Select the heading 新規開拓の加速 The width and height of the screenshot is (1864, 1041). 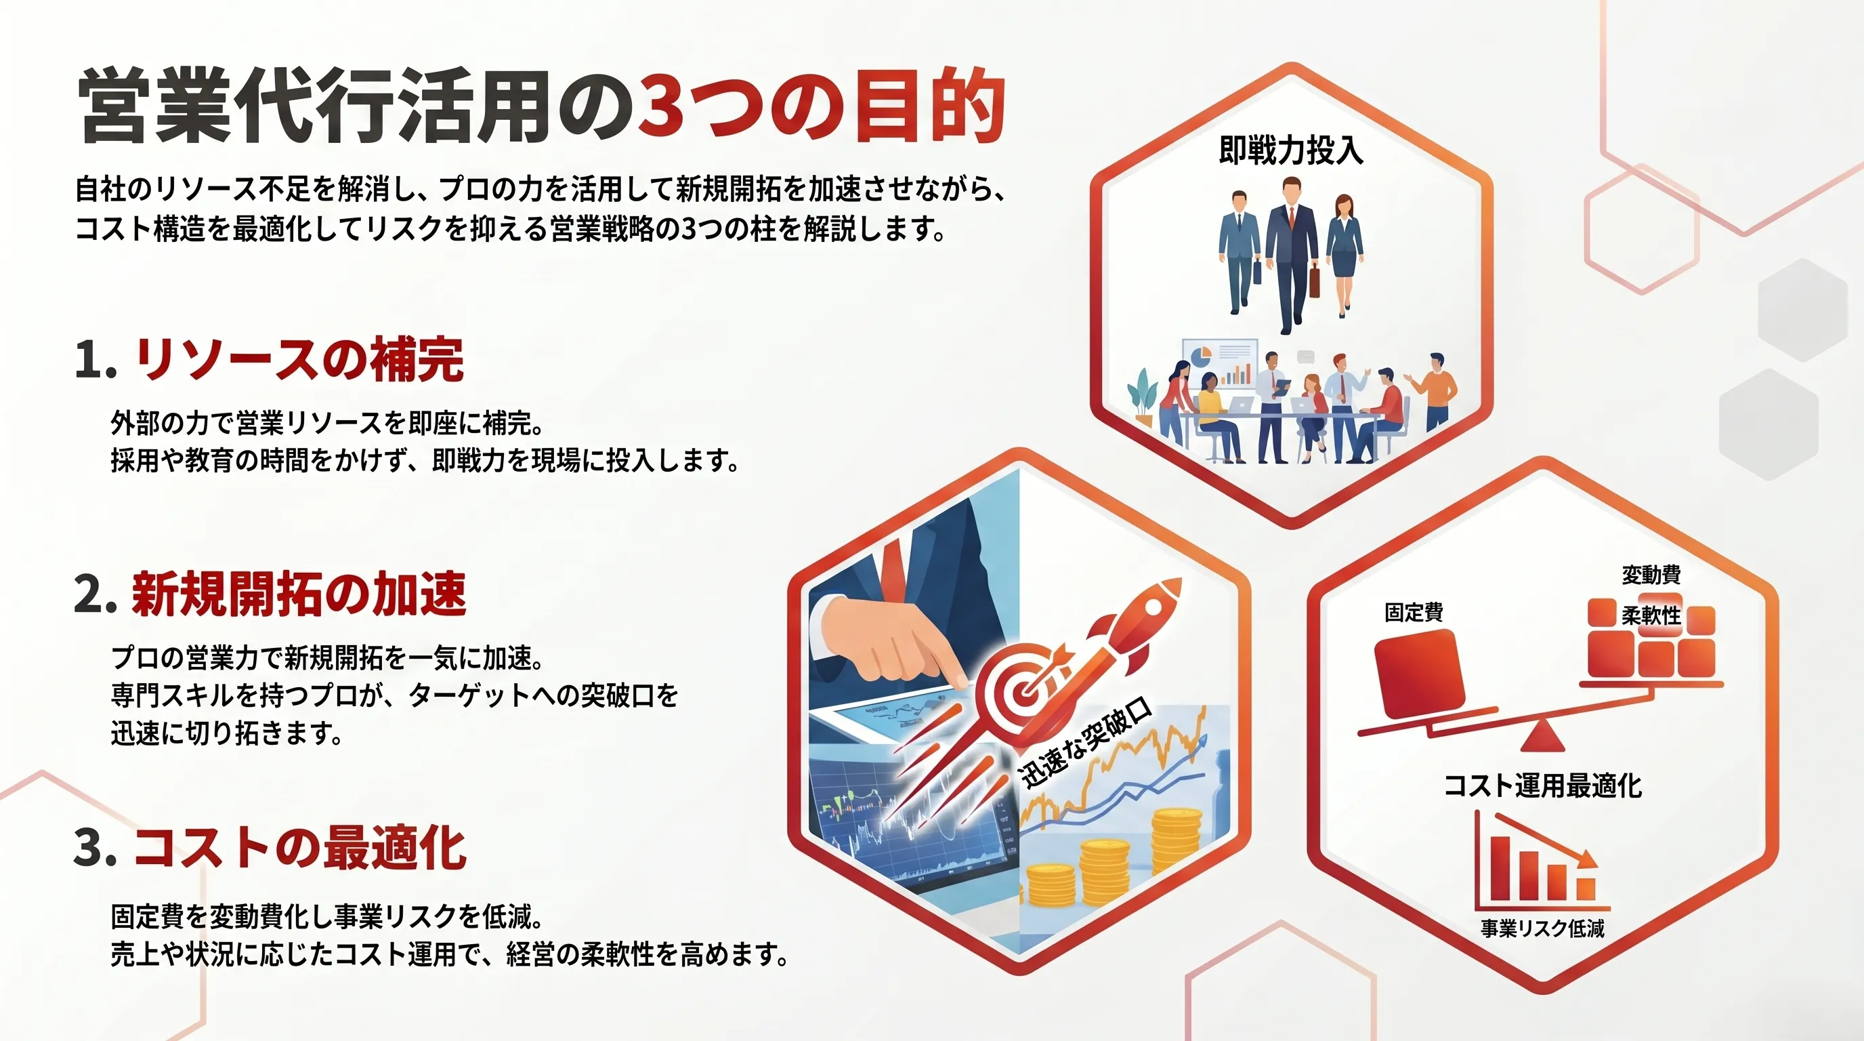pyautogui.click(x=299, y=594)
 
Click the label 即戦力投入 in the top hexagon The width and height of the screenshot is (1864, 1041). pyautogui.click(x=1291, y=150)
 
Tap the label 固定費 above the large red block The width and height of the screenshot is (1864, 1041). pyautogui.click(x=1414, y=613)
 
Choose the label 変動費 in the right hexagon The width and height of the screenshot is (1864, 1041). pyautogui.click(x=1651, y=575)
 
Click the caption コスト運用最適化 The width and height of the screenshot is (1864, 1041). pyautogui.click(x=1543, y=785)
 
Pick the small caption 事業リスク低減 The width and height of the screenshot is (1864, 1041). pyautogui.click(x=1543, y=928)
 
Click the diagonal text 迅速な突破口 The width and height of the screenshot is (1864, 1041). pyautogui.click(x=1084, y=743)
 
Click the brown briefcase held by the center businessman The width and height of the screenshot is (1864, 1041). pyautogui.click(x=1314, y=282)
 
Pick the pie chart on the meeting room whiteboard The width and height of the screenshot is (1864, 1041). pyautogui.click(x=1200, y=357)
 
